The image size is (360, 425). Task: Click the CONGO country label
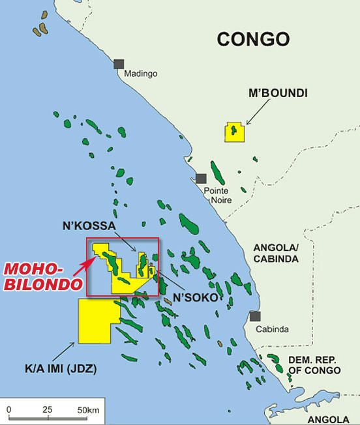[x=253, y=39]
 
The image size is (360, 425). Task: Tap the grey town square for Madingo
[x=119, y=64]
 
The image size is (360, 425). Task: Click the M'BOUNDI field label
[x=278, y=94]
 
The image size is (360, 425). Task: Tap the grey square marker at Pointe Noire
[x=201, y=178]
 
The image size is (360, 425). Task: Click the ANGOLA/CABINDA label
[x=276, y=253]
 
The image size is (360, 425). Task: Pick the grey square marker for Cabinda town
[x=255, y=316]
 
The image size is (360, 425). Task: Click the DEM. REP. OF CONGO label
[x=315, y=365]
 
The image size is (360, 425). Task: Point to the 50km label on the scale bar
[x=87, y=409]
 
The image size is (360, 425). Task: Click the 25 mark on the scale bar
[x=47, y=409]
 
